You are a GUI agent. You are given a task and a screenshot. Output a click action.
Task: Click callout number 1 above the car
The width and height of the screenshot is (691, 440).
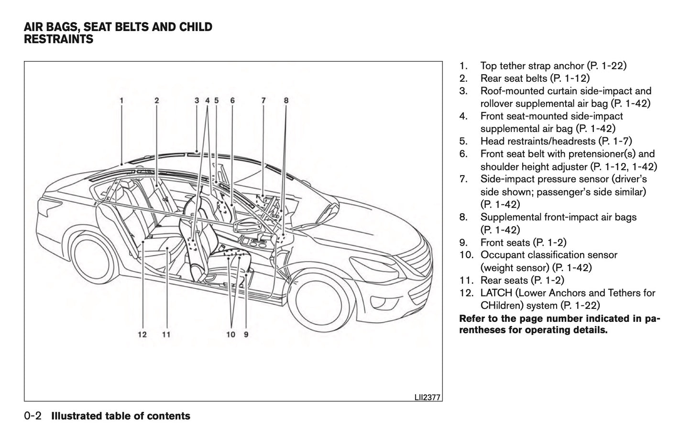(122, 100)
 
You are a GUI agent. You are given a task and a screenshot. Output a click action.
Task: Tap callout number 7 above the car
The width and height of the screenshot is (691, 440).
(263, 100)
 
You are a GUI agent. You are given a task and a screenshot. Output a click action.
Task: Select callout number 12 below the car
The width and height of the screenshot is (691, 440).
(142, 335)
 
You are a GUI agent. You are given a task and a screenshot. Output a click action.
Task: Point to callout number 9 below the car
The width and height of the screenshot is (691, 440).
(246, 335)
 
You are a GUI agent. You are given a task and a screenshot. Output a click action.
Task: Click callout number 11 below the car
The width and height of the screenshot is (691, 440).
(166, 335)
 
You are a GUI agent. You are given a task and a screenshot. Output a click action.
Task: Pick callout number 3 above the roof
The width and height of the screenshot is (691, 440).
(197, 100)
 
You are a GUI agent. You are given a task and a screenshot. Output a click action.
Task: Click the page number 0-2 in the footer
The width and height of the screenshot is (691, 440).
(34, 416)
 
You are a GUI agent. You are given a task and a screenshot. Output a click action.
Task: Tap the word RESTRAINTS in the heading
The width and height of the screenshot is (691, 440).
(59, 39)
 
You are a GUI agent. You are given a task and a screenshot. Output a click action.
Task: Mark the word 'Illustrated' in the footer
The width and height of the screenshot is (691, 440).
(79, 416)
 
